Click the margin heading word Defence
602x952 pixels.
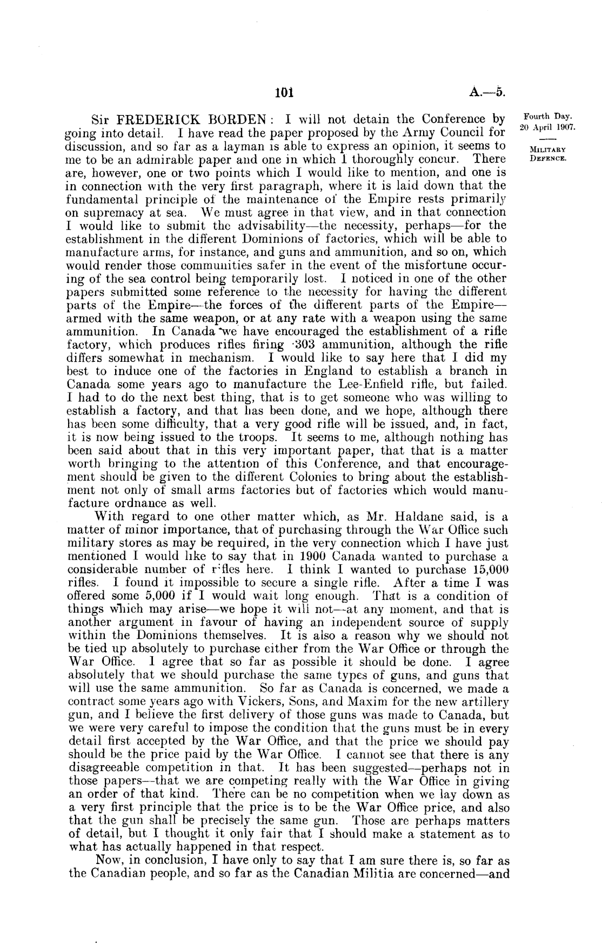coord(547,158)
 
